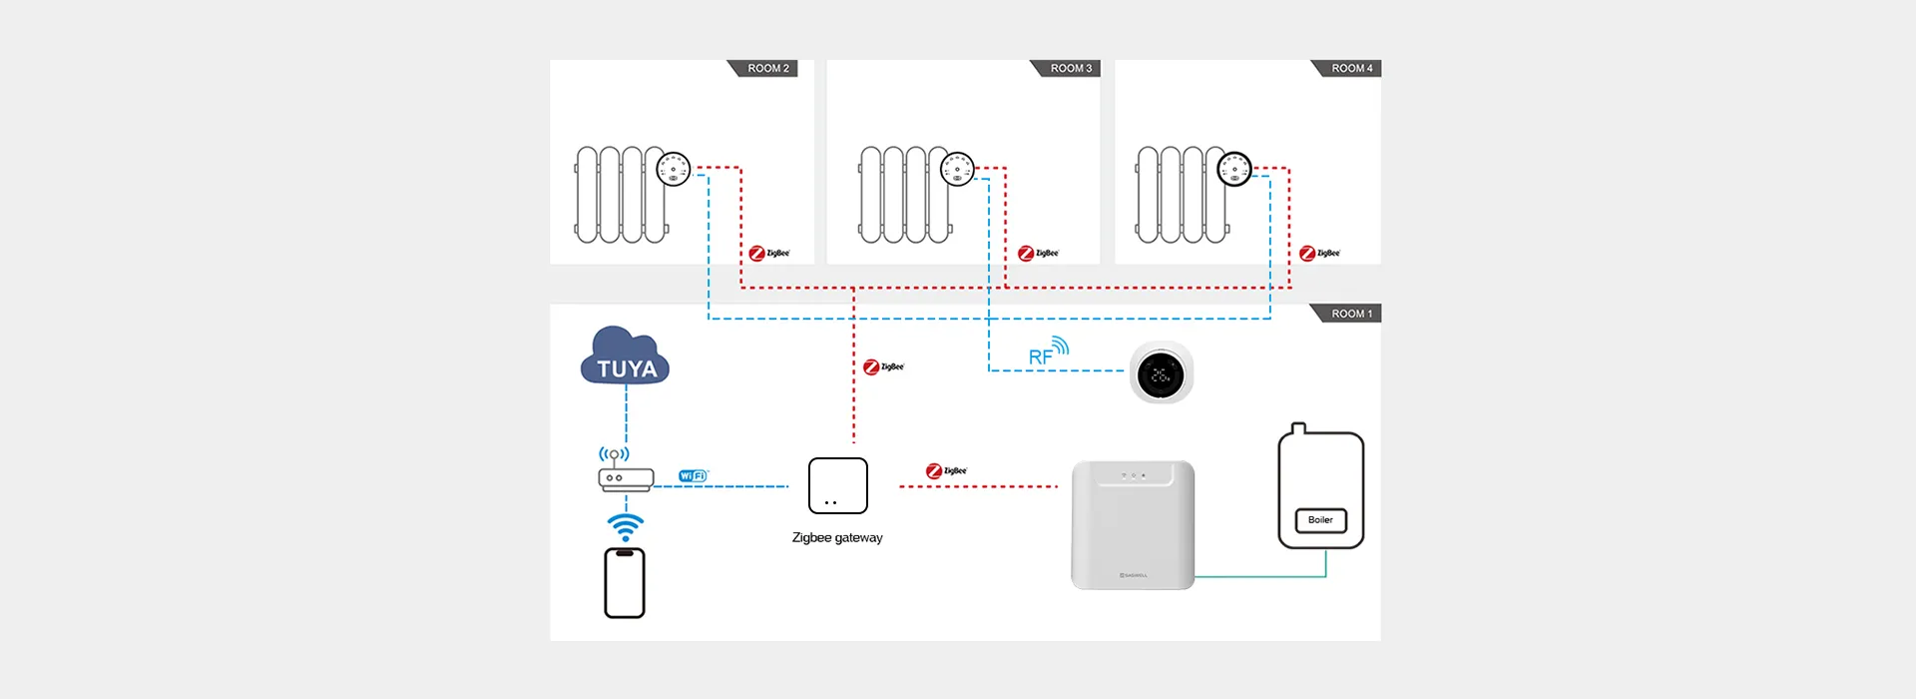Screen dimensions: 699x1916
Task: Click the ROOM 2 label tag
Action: click(x=766, y=68)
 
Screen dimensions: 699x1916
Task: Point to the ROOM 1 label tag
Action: click(x=1350, y=314)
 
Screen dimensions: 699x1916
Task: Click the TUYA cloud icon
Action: click(x=626, y=358)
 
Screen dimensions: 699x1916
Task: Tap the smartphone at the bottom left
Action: click(x=625, y=583)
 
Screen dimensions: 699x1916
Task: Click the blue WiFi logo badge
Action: click(x=693, y=476)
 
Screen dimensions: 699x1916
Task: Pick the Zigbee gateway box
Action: click(x=837, y=485)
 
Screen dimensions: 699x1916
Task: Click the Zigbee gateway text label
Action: click(x=837, y=538)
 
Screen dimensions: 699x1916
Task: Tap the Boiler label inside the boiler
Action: click(x=1320, y=520)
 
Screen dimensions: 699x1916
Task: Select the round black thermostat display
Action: click(x=1161, y=374)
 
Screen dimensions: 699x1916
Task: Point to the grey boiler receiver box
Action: click(x=1133, y=524)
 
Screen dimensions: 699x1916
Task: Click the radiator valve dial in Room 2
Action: click(x=674, y=169)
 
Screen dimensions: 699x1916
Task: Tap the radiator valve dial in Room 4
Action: click(x=1234, y=169)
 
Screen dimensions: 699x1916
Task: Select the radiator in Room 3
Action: click(x=903, y=195)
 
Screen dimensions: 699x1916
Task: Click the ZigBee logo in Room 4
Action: click(x=1319, y=254)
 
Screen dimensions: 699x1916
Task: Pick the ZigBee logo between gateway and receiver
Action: click(x=946, y=471)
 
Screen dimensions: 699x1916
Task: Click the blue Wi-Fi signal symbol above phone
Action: click(x=626, y=527)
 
